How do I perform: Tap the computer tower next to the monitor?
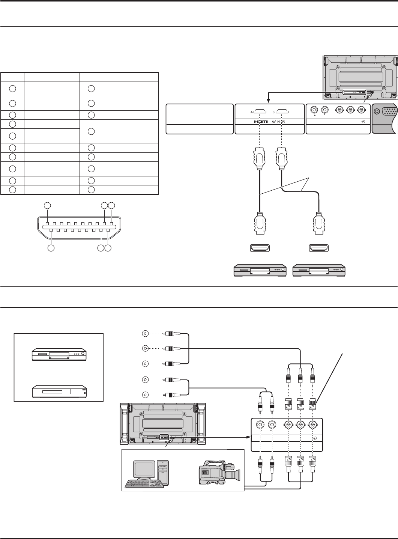pos(164,474)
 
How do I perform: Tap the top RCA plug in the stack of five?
pos(172,333)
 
